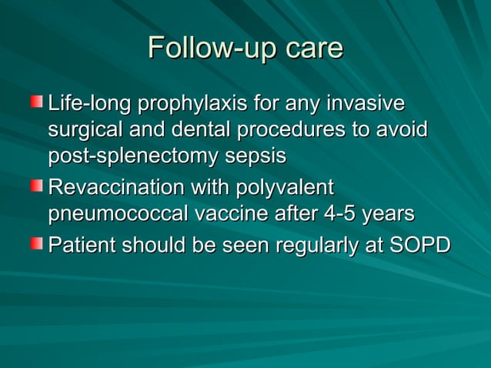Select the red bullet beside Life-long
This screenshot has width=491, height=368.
(37, 102)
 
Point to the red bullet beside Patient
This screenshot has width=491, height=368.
(37, 244)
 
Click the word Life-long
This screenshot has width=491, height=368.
(82, 103)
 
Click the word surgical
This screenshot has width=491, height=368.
(85, 131)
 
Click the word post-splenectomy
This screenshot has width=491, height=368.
(130, 158)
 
